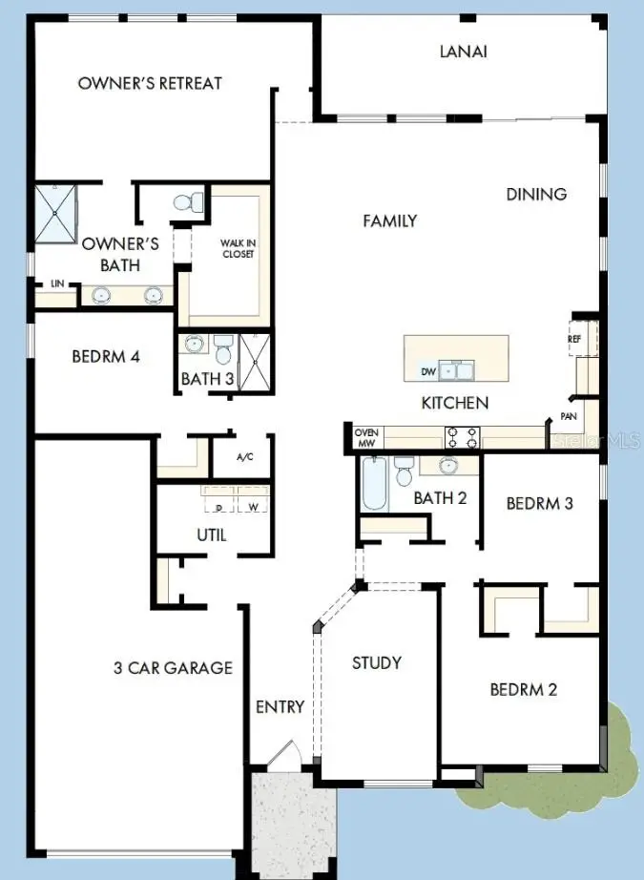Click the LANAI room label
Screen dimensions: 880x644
click(x=464, y=52)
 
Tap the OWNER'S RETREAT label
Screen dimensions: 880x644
click(x=150, y=83)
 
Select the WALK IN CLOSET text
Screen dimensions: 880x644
click(x=238, y=248)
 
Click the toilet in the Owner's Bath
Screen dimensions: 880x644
click(x=189, y=202)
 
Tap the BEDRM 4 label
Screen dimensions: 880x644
click(x=106, y=357)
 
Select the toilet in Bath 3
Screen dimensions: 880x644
click(x=224, y=348)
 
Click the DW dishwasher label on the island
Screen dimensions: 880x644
click(x=428, y=371)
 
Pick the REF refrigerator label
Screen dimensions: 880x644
click(x=574, y=339)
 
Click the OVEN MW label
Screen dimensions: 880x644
click(x=367, y=437)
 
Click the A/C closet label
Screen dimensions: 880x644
click(x=244, y=457)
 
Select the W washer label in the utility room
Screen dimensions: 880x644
click(x=253, y=508)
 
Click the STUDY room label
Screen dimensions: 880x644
click(x=376, y=662)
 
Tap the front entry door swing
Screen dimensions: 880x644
click(x=283, y=756)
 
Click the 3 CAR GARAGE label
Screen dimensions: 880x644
click(x=173, y=667)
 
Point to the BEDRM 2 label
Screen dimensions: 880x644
click(x=523, y=689)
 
